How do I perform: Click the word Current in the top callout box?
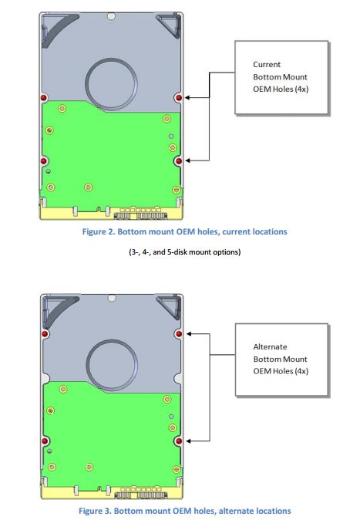pos(267,65)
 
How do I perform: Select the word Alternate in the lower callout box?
pos(270,346)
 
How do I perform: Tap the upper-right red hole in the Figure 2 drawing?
pos(179,98)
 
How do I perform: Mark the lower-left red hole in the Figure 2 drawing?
pos(42,160)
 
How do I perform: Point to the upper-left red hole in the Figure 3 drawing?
pos(43,333)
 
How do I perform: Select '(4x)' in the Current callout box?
pos(297,89)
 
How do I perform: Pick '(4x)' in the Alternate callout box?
pos(297,371)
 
